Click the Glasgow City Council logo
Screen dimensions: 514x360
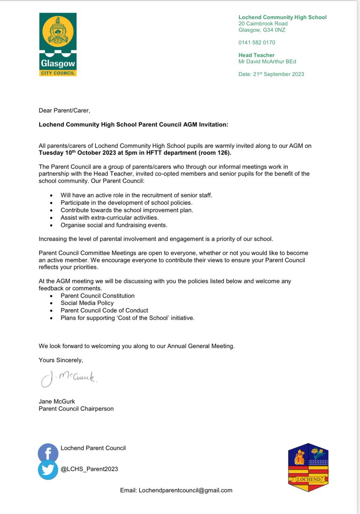pyautogui.click(x=57, y=45)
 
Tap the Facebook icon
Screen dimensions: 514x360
pyautogui.click(x=48, y=453)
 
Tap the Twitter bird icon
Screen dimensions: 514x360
pyautogui.click(x=48, y=469)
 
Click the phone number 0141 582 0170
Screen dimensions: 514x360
pyautogui.click(x=257, y=42)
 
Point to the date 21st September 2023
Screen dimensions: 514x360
pyautogui.click(x=271, y=74)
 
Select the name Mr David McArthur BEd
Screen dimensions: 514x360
pyautogui.click(x=267, y=61)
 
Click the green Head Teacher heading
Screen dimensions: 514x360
pyautogui.click(x=256, y=55)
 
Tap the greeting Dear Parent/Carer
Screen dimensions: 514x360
pyautogui.click(x=65, y=111)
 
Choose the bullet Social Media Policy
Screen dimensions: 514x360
pyautogui.click(x=87, y=303)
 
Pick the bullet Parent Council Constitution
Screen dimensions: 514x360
pyautogui.click(x=98, y=296)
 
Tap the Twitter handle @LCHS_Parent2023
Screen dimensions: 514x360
pyautogui.click(x=89, y=469)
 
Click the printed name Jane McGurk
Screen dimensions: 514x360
pyautogui.click(x=57, y=401)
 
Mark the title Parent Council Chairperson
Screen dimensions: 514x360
pyautogui.click(x=76, y=409)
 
